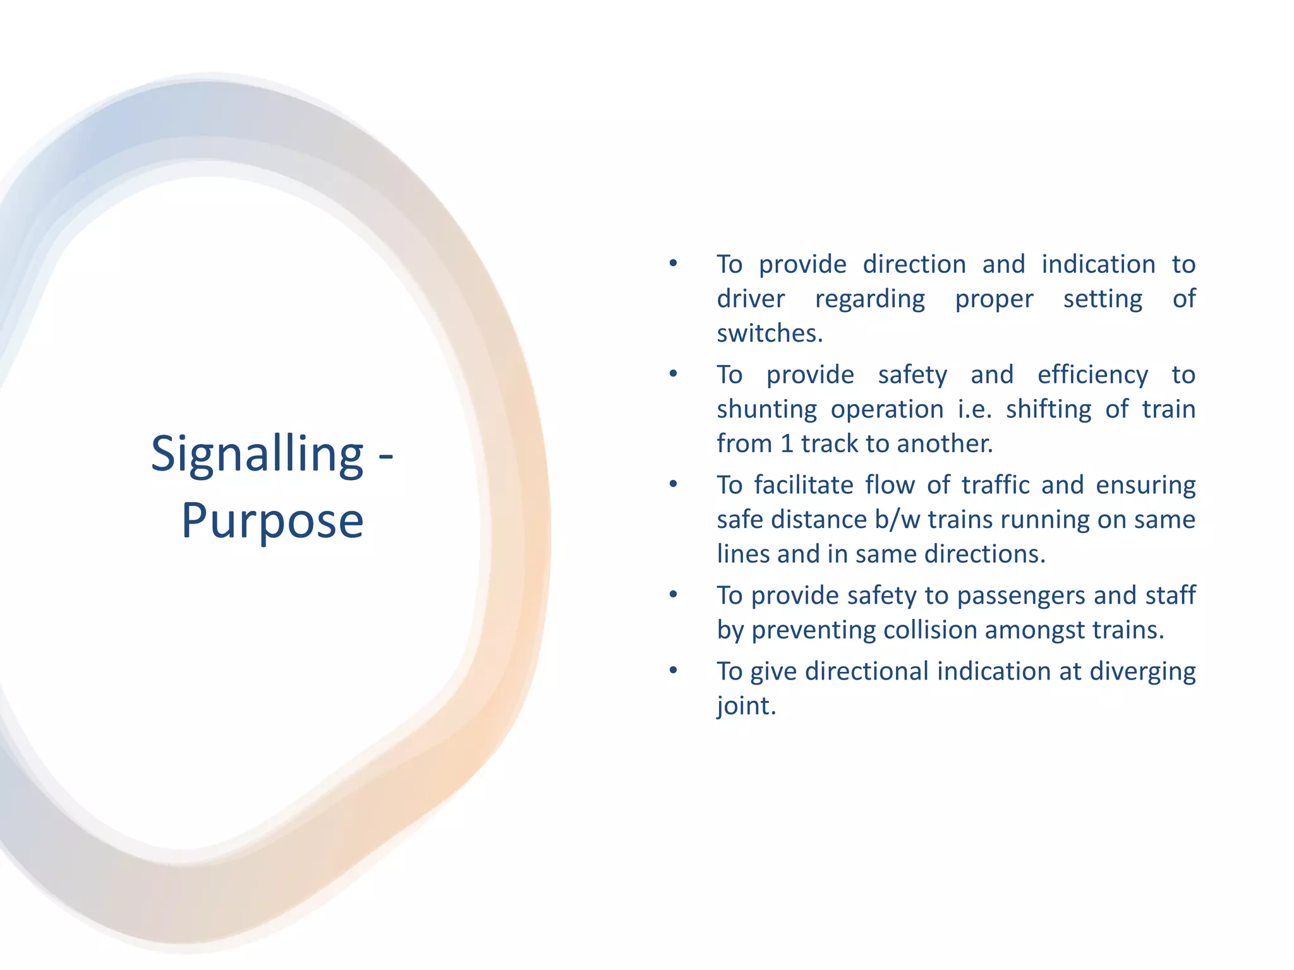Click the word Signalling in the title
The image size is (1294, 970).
tap(257, 455)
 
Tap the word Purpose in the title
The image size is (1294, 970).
tap(272, 522)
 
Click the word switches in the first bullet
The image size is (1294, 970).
tap(770, 333)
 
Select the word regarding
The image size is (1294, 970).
tap(869, 299)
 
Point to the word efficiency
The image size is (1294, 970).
tap(1092, 375)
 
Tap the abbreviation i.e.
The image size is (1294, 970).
tap(974, 409)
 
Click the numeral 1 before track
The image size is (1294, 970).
tap(787, 444)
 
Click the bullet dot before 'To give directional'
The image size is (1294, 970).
tap(674, 670)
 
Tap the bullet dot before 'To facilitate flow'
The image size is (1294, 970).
tap(674, 484)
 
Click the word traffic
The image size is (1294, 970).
tap(998, 485)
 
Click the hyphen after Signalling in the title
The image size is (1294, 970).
tap(385, 456)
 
